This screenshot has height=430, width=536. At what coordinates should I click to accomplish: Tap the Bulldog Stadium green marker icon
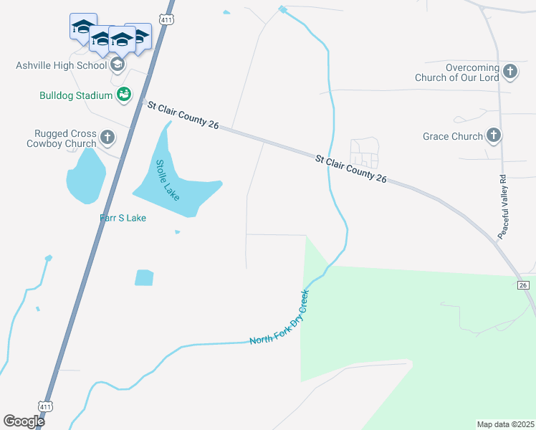(x=123, y=95)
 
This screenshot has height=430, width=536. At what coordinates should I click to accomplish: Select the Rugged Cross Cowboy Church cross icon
(x=107, y=137)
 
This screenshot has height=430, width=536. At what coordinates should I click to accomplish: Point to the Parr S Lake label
(x=123, y=218)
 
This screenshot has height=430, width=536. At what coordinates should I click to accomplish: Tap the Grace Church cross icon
(x=493, y=135)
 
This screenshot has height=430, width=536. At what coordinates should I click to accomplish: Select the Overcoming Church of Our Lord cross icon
(x=509, y=71)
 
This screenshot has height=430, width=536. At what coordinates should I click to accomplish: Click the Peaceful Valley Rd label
(x=503, y=207)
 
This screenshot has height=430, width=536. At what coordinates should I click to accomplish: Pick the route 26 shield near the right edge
(x=524, y=285)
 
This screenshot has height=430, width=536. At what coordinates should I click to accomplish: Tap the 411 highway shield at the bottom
(x=46, y=406)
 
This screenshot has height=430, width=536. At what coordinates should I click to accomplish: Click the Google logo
(x=24, y=421)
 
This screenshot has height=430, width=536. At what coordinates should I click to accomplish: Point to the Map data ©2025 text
(x=505, y=424)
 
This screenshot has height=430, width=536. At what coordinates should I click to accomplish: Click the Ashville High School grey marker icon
(x=118, y=64)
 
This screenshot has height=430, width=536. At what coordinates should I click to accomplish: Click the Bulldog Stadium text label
(x=76, y=95)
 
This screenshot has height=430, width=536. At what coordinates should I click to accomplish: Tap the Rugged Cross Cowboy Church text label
(x=65, y=138)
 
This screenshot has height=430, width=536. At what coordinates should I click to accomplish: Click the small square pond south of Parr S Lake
(x=144, y=277)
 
